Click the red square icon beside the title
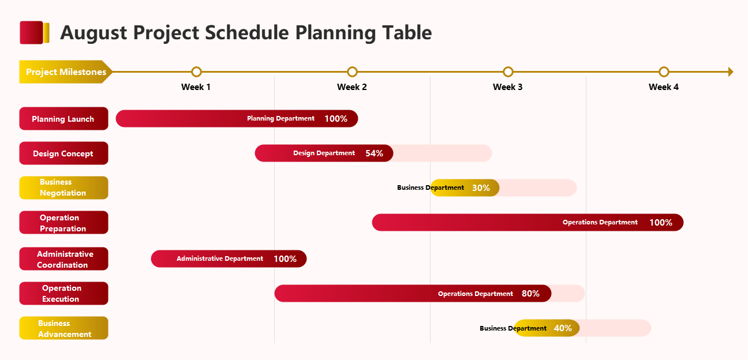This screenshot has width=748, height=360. [32, 32]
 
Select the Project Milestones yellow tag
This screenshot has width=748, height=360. [65, 72]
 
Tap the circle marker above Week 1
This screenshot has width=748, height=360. [196, 72]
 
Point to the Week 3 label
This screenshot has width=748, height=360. [508, 87]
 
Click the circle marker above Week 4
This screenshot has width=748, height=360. [664, 72]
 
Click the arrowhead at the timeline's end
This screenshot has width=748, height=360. [731, 72]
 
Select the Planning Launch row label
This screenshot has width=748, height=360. [63, 119]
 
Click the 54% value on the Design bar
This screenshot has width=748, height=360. [374, 153]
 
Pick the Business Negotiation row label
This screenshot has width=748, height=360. [63, 187]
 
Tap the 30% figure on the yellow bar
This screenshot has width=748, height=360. [481, 188]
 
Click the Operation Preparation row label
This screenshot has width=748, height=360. [63, 223]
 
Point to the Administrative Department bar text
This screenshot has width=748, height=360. [220, 259]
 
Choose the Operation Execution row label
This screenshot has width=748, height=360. [63, 294]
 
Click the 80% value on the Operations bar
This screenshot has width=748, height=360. [530, 294]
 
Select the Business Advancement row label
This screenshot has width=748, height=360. [63, 328]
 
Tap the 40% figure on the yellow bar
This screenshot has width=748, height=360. [563, 328]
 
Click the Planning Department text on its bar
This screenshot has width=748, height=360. [280, 119]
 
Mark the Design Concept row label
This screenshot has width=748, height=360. [63, 153]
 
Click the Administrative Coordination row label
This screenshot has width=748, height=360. [63, 259]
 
